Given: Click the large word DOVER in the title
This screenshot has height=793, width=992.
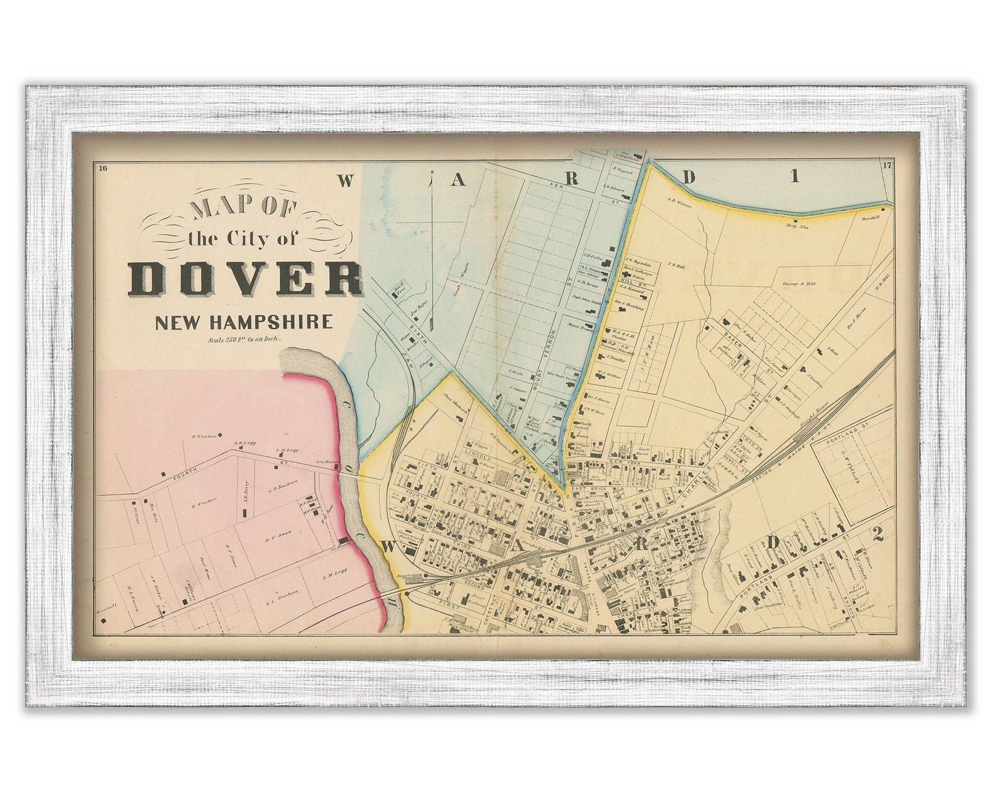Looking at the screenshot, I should pos(246,279).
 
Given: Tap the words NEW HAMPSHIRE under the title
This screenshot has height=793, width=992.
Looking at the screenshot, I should pos(244,323).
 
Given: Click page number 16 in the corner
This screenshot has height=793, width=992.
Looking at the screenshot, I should pos(103,167).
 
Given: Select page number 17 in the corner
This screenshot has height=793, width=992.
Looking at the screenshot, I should pos(888,165).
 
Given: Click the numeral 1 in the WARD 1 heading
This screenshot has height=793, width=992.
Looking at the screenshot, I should pos(795,177).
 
